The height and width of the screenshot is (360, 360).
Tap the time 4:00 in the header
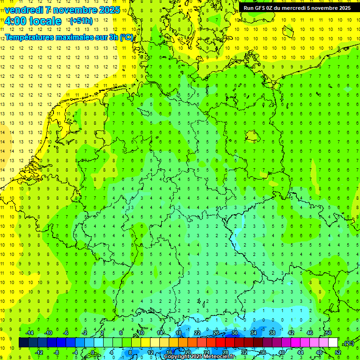[15, 21]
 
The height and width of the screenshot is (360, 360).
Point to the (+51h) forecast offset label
[81, 21]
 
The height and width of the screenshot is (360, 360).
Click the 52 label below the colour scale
[338, 352]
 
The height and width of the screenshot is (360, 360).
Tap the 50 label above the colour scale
[329, 333]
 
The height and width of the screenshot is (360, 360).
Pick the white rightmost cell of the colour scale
[333, 343]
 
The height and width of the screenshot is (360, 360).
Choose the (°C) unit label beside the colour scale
[348, 343]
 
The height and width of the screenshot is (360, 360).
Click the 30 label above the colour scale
[234, 333]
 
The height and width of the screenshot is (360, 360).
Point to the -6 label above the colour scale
[66, 333]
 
